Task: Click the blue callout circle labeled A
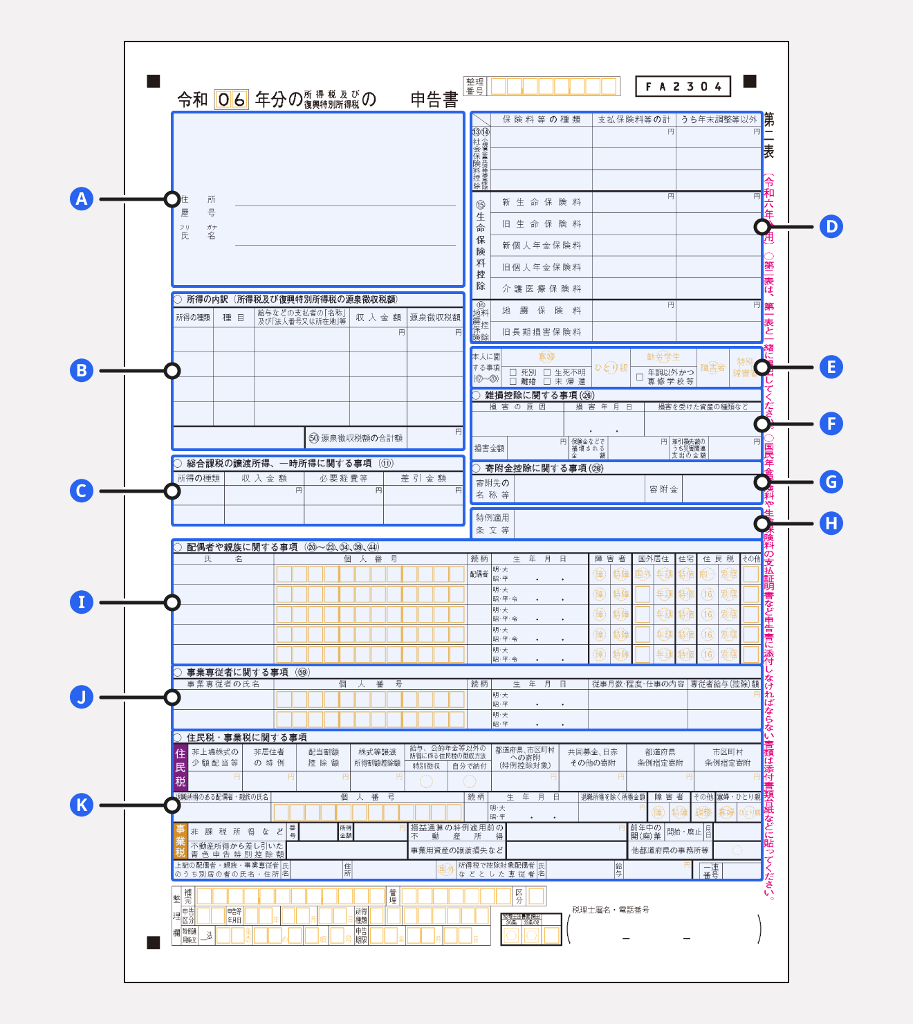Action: coord(82,199)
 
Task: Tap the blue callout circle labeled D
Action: coord(831,227)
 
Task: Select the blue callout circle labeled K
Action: coord(82,805)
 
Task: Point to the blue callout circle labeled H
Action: coord(831,524)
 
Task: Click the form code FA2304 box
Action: coord(683,86)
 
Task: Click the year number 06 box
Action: coord(231,100)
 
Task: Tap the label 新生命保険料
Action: coord(542,202)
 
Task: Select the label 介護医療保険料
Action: coord(542,289)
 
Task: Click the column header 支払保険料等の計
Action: coord(634,120)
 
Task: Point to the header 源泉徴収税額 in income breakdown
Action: coord(435,318)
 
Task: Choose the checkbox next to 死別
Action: coord(513,372)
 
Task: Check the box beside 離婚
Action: coord(513,381)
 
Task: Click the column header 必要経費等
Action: coord(343,478)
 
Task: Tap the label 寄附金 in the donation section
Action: coord(663,489)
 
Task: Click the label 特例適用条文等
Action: coord(492,524)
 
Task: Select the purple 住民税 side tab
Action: coord(180,767)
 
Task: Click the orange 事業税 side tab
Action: coord(180,841)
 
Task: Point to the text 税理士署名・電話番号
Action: coord(611,910)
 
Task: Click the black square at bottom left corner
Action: coord(154,943)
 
